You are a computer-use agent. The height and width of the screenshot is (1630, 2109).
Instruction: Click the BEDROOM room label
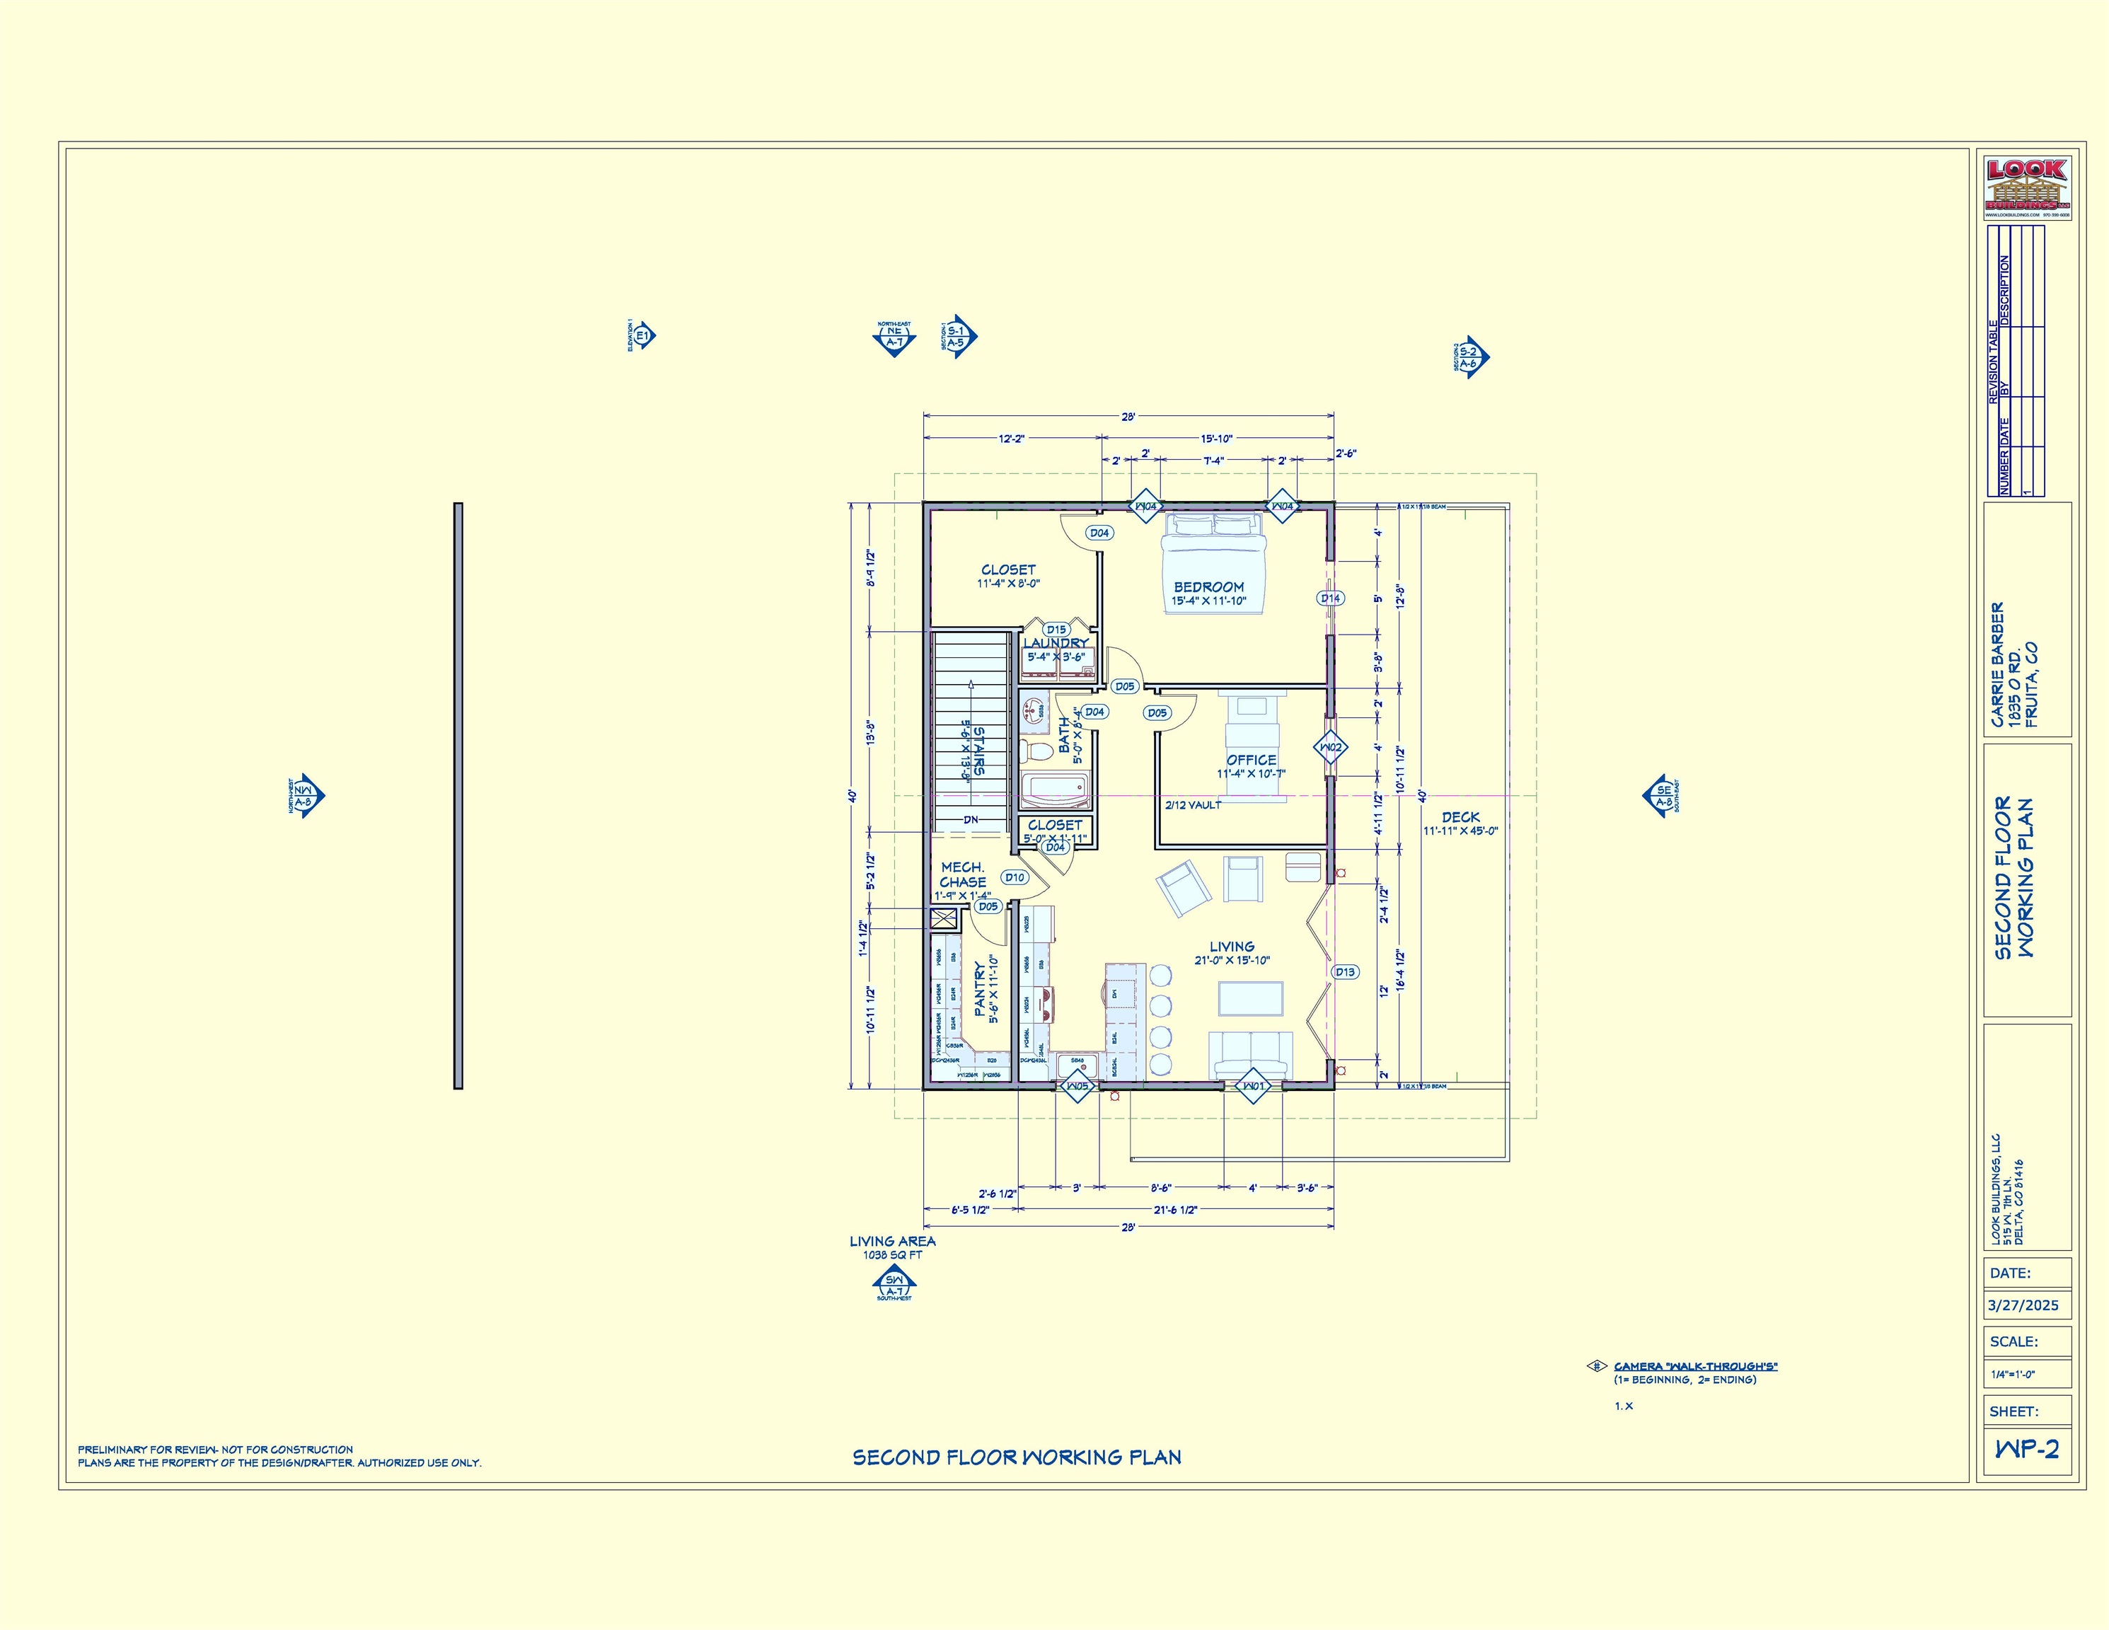click(1208, 587)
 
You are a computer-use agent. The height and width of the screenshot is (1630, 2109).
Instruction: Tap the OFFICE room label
click(1251, 760)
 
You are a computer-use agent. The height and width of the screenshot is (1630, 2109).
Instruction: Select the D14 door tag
click(1331, 598)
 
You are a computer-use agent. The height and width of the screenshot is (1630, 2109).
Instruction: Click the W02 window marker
click(1331, 747)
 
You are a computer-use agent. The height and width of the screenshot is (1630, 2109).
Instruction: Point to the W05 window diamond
click(1077, 1087)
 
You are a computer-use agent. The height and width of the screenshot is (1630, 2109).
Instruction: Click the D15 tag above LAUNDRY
click(1056, 630)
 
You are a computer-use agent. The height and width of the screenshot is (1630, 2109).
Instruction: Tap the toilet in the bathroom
click(1037, 751)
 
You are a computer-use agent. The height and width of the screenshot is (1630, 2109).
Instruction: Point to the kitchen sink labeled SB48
click(1077, 1066)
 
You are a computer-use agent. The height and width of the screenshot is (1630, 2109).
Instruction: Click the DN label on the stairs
click(971, 820)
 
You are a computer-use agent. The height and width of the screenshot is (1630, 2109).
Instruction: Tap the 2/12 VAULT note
click(1193, 805)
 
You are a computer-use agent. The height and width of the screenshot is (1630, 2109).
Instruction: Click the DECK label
click(1460, 817)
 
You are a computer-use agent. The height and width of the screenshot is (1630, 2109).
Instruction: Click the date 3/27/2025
click(2023, 1305)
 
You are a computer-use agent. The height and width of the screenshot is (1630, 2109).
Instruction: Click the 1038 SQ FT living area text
click(892, 1255)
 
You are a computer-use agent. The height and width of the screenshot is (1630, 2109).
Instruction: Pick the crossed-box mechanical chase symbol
click(944, 918)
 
